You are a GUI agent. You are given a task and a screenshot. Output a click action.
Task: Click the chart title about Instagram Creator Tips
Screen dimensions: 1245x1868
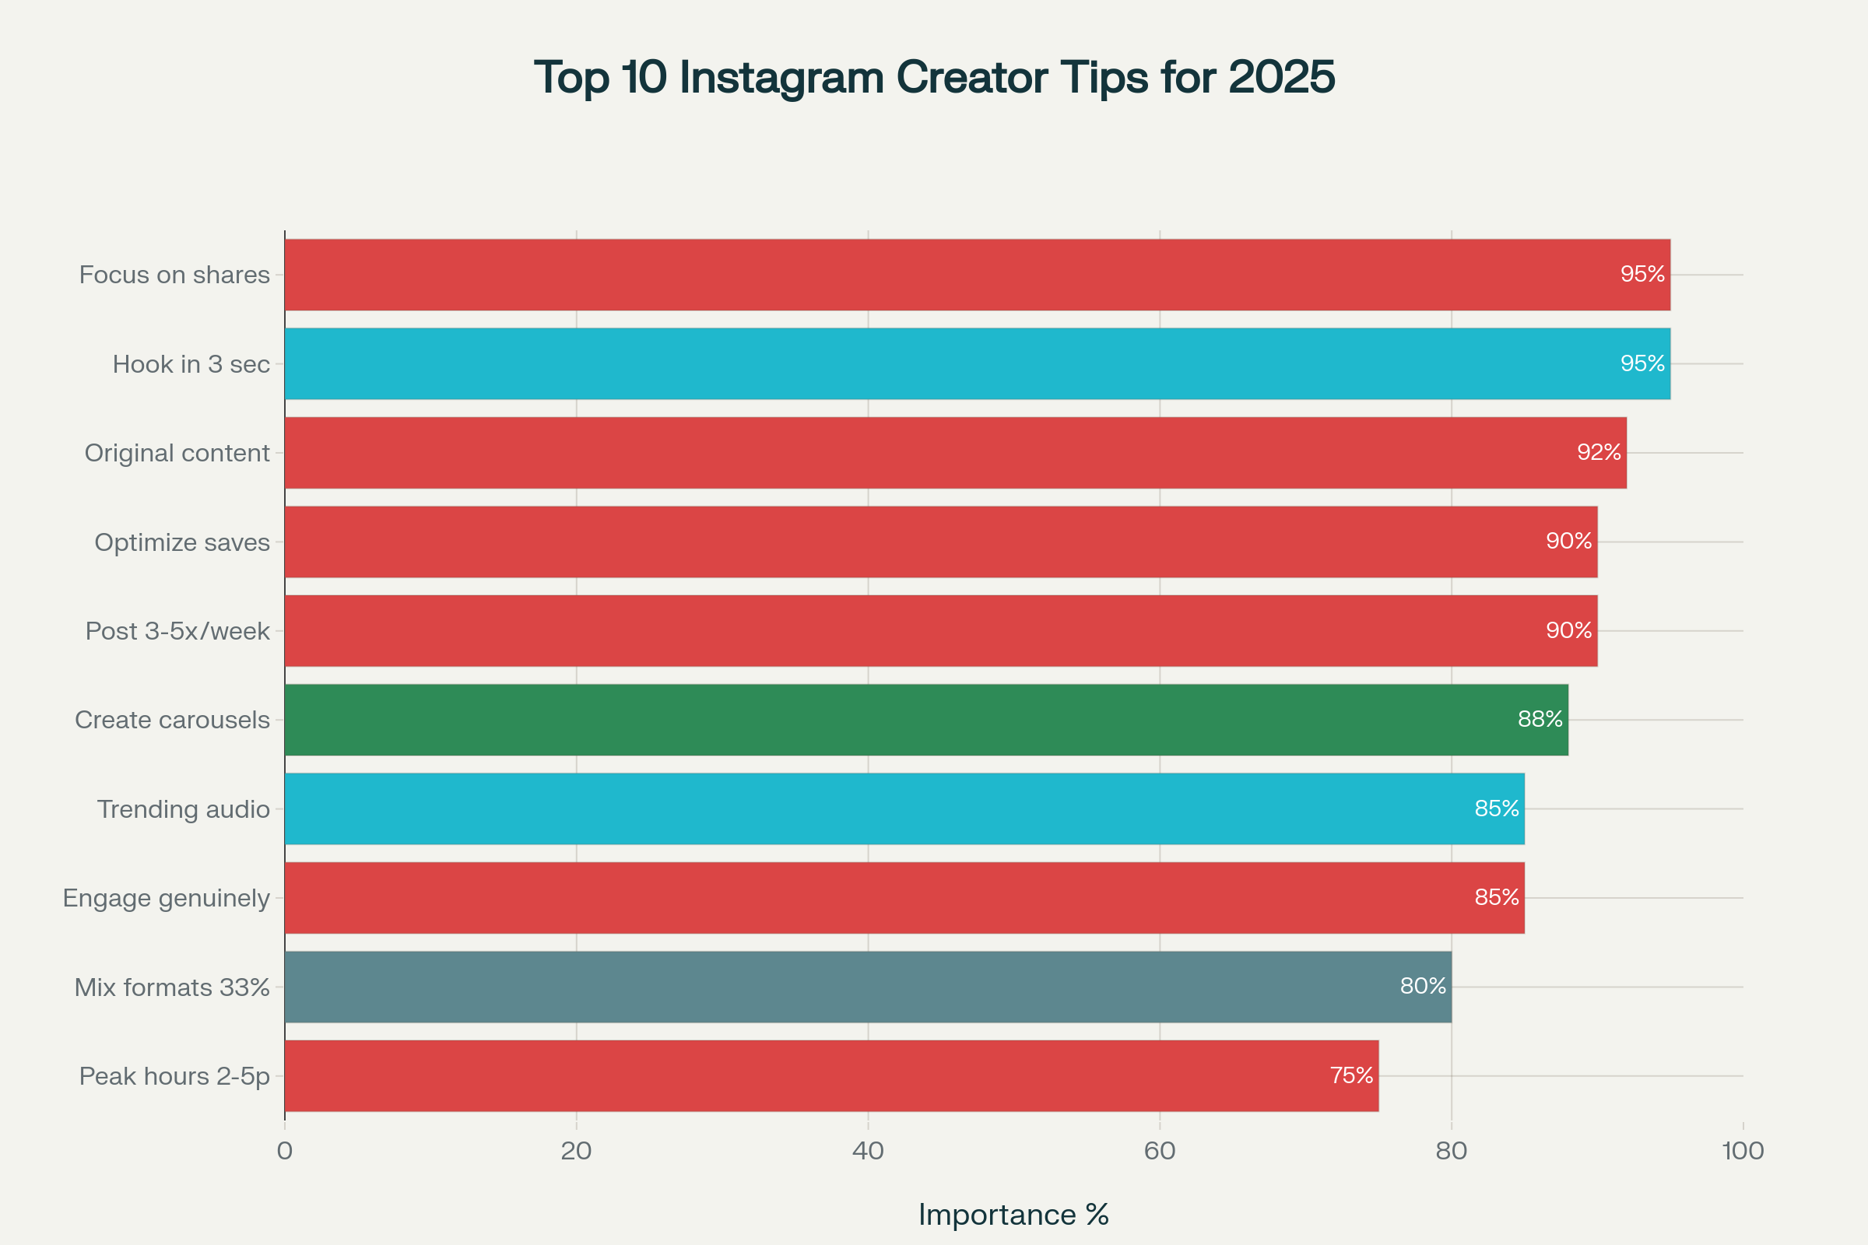click(x=934, y=78)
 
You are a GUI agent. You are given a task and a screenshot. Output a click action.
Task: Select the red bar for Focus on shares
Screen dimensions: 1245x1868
click(x=977, y=275)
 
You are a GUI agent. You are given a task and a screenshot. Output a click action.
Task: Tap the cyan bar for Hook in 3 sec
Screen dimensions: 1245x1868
click(x=977, y=363)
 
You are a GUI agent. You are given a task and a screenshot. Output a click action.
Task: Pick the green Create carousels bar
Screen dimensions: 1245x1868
click(x=926, y=719)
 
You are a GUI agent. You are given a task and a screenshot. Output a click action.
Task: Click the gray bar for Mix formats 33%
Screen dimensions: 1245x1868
click(x=867, y=987)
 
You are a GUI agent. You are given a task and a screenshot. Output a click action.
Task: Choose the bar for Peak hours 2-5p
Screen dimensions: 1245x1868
click(x=830, y=1076)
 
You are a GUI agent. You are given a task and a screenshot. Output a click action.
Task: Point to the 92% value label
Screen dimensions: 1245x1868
click(x=1599, y=453)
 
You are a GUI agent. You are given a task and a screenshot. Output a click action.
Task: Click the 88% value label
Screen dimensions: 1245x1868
click(x=1540, y=719)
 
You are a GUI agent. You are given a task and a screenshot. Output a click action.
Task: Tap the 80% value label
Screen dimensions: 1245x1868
click(x=1424, y=986)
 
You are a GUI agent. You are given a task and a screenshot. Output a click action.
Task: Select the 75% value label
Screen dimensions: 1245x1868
click(x=1351, y=1076)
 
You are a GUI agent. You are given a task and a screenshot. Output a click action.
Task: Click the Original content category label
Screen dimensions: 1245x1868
click(x=177, y=454)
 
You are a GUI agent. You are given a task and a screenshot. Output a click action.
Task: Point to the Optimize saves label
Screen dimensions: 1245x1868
click(x=182, y=542)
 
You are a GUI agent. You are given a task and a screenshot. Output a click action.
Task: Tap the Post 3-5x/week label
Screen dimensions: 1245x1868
click(x=178, y=631)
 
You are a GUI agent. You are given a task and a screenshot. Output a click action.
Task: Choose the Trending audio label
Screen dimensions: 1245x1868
click(x=184, y=809)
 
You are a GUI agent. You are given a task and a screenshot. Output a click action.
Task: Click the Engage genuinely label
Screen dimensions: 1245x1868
click(x=167, y=898)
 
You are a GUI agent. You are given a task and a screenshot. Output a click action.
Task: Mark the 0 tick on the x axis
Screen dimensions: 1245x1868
click(x=284, y=1152)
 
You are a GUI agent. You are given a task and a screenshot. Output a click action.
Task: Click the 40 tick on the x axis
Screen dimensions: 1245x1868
click(x=868, y=1152)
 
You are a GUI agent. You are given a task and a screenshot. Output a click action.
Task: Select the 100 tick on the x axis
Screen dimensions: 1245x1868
click(x=1743, y=1152)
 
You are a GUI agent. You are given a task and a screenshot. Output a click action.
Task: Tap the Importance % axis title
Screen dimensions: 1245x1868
click(x=1013, y=1215)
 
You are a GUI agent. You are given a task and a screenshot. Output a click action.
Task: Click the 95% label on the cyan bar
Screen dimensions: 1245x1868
click(x=1642, y=363)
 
